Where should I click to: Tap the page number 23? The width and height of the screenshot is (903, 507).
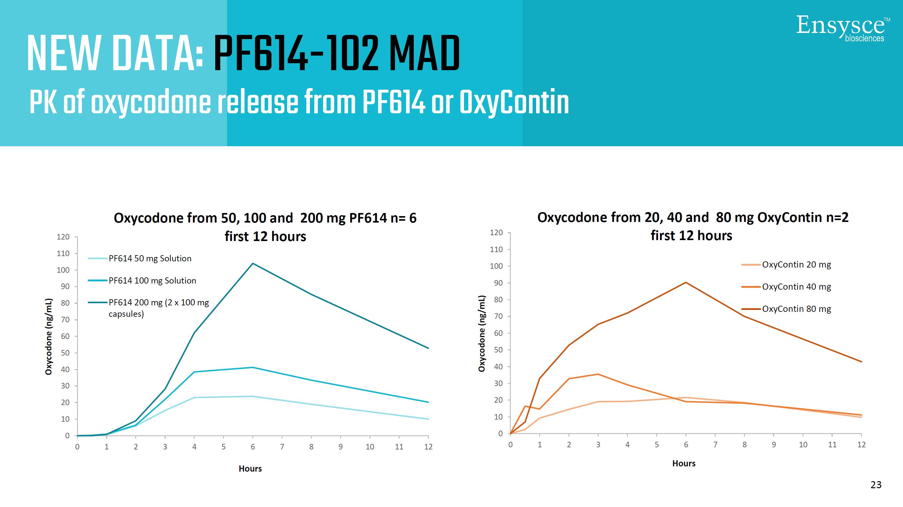(876, 485)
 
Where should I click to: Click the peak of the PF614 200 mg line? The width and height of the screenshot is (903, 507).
(253, 264)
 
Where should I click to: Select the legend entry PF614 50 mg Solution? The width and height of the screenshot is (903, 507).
(150, 258)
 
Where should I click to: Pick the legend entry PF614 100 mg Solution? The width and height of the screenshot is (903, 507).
(152, 280)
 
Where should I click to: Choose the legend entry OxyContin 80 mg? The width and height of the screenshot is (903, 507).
(796, 309)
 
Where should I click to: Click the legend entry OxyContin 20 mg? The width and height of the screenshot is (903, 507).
(796, 264)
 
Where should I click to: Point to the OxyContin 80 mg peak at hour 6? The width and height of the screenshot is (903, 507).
(686, 283)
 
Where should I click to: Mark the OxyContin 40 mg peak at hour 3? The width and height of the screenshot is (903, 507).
(598, 374)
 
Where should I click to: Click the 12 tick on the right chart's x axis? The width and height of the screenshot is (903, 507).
(861, 445)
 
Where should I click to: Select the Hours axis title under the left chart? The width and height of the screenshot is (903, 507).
(250, 469)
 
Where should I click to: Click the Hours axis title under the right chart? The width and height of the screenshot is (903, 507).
(684, 463)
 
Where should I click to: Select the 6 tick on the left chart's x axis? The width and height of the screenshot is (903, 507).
(253, 447)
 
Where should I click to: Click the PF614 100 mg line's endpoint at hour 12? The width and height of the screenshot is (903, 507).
(428, 402)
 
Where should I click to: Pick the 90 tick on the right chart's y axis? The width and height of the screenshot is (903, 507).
(498, 283)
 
